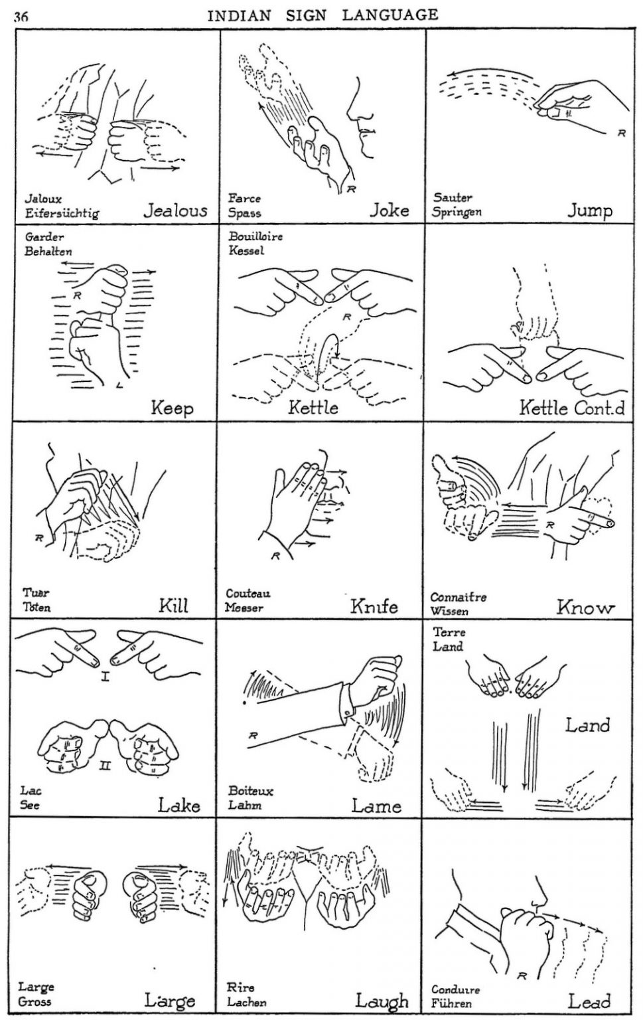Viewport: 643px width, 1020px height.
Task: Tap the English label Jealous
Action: pos(175,211)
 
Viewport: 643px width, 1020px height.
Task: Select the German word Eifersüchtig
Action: pos(62,214)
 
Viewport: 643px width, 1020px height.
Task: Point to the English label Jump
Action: pos(589,211)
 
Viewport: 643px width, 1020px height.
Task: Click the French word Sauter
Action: pos(453,197)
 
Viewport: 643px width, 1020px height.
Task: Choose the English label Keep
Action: pos(172,407)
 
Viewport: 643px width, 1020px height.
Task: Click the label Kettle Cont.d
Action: pos(571,407)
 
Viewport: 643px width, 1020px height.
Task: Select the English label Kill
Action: pos(173,605)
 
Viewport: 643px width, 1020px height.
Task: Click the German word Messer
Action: pos(244,608)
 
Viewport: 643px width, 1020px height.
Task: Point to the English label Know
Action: pos(585,606)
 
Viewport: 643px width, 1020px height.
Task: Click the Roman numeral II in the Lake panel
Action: pos(105,766)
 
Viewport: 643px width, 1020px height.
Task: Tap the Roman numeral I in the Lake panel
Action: pos(105,677)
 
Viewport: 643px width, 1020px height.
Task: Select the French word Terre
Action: pos(449,632)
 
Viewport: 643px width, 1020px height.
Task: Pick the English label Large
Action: pos(170,1000)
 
